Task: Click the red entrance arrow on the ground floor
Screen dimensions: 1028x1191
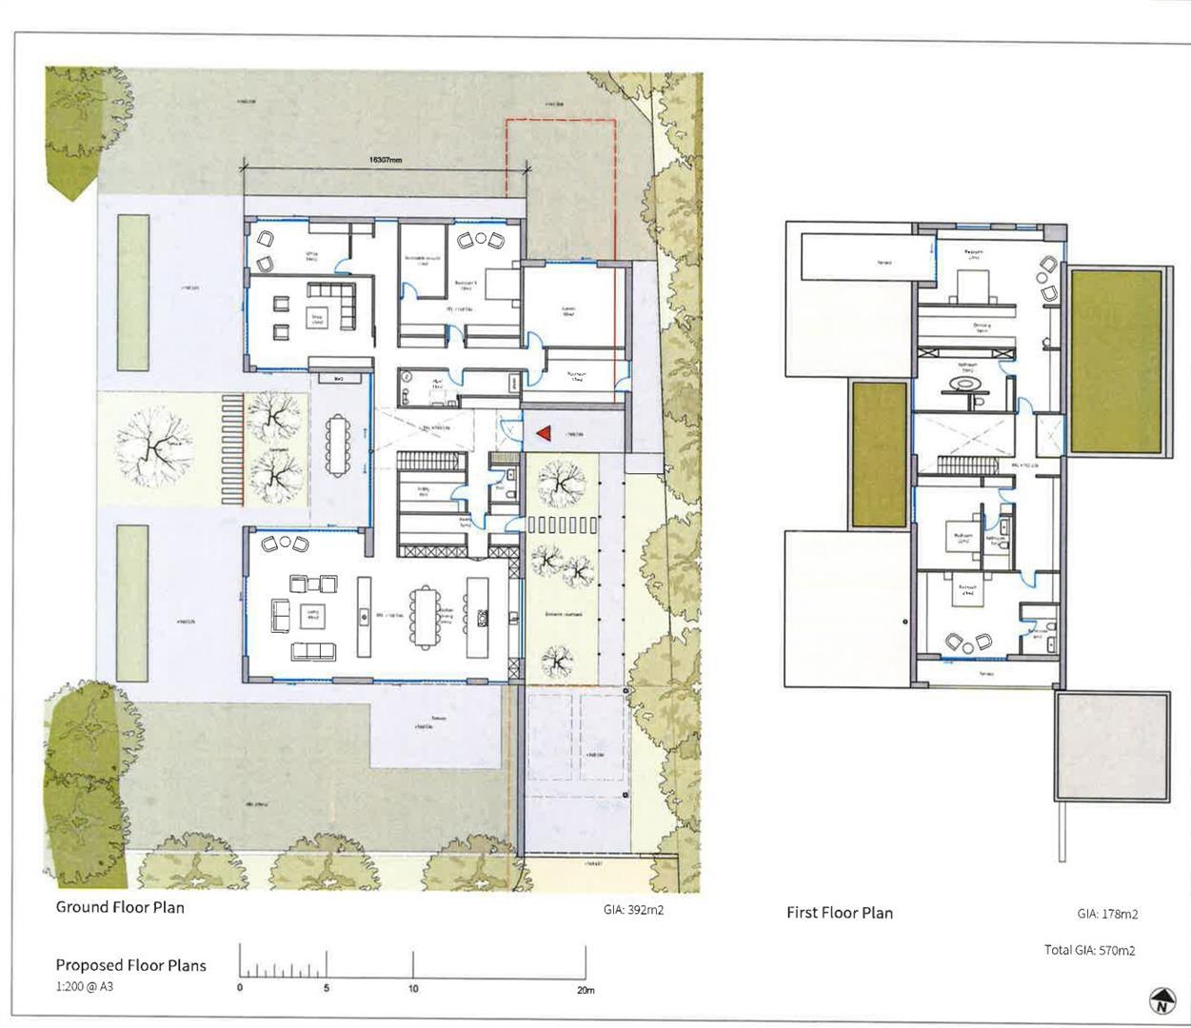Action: [x=544, y=434]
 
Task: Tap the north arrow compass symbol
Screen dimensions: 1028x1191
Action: [x=1161, y=1001]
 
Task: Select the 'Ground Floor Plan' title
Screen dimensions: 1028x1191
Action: [x=120, y=907]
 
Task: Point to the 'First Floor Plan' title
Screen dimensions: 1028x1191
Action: [x=840, y=913]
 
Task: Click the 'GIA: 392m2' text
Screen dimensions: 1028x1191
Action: [x=633, y=910]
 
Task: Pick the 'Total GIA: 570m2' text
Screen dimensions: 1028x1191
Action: [x=1089, y=950]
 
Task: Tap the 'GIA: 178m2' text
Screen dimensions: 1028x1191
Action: [x=1107, y=914]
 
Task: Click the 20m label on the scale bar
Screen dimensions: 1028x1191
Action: [x=586, y=990]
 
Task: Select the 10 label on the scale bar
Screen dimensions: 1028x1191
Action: [x=413, y=989]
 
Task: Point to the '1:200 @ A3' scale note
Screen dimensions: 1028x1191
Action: [x=85, y=987]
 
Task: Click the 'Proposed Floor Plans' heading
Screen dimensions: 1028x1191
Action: [x=130, y=965]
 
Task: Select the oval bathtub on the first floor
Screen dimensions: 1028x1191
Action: [x=964, y=385]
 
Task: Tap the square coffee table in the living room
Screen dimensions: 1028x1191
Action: [x=310, y=617]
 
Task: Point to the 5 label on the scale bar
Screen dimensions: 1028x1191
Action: [x=327, y=989]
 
